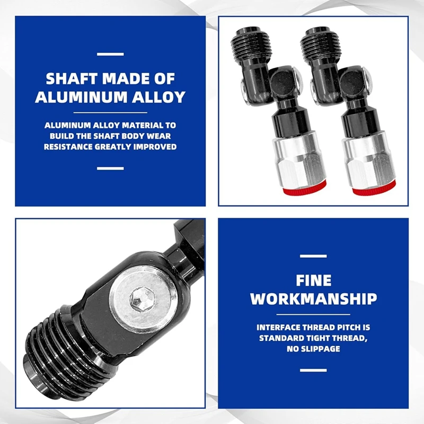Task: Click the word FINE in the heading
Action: click(313, 280)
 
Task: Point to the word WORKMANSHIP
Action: click(313, 298)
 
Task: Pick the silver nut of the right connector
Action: click(369, 158)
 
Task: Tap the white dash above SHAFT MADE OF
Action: click(110, 54)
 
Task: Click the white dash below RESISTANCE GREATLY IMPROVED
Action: click(110, 168)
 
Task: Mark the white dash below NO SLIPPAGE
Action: click(313, 370)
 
